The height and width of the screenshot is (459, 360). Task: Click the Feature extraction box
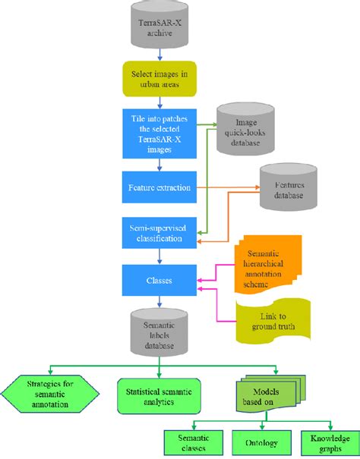click(x=158, y=186)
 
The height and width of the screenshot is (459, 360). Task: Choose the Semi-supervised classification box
click(x=158, y=231)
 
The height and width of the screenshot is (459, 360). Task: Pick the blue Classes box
click(x=158, y=281)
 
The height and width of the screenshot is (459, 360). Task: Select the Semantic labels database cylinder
click(x=158, y=331)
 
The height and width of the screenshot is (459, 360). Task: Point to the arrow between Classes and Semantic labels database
click(x=158, y=301)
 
